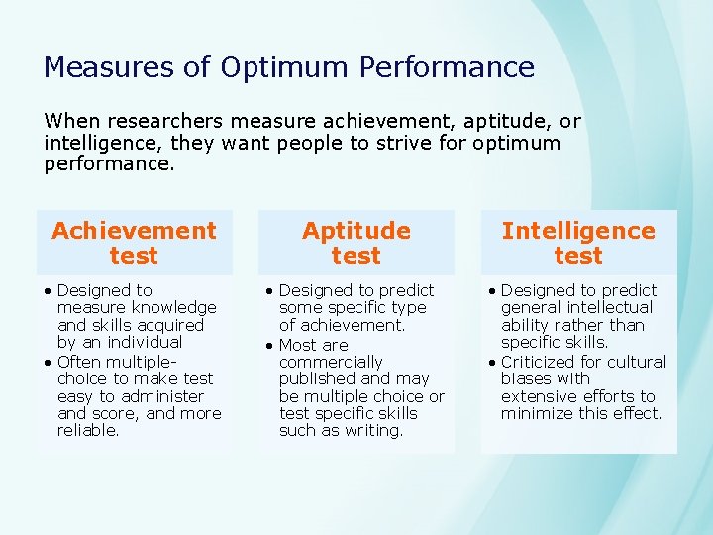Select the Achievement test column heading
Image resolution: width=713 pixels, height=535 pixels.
click(x=134, y=243)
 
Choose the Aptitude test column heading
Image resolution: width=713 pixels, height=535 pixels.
click(x=356, y=243)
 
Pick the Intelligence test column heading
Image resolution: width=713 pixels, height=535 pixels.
click(x=578, y=243)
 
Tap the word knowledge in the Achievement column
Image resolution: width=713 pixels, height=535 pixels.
click(x=175, y=308)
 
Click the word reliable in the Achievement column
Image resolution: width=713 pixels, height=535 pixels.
click(x=88, y=430)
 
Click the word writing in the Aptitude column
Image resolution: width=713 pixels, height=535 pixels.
click(x=372, y=430)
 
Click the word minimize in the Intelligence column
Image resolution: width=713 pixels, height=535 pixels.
click(x=538, y=413)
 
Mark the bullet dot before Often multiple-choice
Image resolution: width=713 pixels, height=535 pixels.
click(x=49, y=362)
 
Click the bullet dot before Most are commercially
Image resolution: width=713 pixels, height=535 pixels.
click(x=270, y=345)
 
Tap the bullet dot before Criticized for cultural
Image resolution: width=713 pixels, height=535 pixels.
click(x=492, y=362)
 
